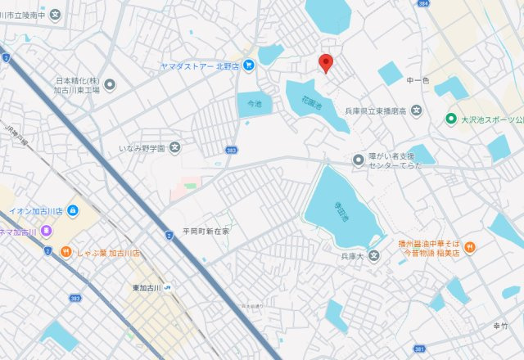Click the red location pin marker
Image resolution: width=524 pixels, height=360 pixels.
point(326,63)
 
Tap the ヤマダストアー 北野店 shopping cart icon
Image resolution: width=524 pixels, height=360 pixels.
point(248,65)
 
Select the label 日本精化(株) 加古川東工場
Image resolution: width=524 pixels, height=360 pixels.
point(78,85)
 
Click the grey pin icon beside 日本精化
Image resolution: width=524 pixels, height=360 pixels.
point(111,83)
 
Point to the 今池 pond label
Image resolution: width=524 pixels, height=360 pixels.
point(254,104)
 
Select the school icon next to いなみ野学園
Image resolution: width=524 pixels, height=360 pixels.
point(174,149)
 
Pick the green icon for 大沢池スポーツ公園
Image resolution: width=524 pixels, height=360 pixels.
point(449,119)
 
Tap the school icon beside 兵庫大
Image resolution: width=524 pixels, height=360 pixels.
point(374,257)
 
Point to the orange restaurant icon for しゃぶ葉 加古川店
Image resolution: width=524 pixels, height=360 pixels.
point(62,251)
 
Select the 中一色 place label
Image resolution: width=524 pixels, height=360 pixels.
point(418,81)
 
